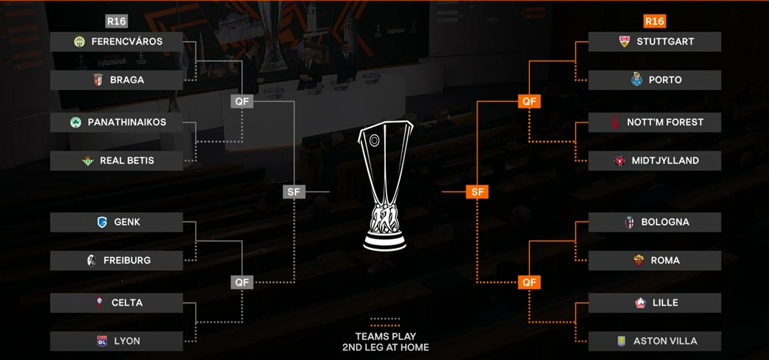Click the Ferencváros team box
tap(117, 42)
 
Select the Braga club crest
tap(98, 80)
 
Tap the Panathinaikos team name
tap(127, 122)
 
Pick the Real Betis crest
tap(88, 160)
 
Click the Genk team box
tap(117, 222)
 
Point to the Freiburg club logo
tap(92, 261)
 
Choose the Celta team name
tap(127, 303)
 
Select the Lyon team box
tap(117, 341)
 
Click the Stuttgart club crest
tap(624, 41)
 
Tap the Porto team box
tap(654, 80)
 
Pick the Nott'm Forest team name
tap(665, 122)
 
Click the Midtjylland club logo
tap(619, 161)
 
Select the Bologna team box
tap(654, 222)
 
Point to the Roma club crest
tap(639, 261)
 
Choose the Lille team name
tap(665, 303)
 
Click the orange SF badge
tap(477, 192)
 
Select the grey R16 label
tap(117, 22)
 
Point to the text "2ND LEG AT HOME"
tap(385, 347)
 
